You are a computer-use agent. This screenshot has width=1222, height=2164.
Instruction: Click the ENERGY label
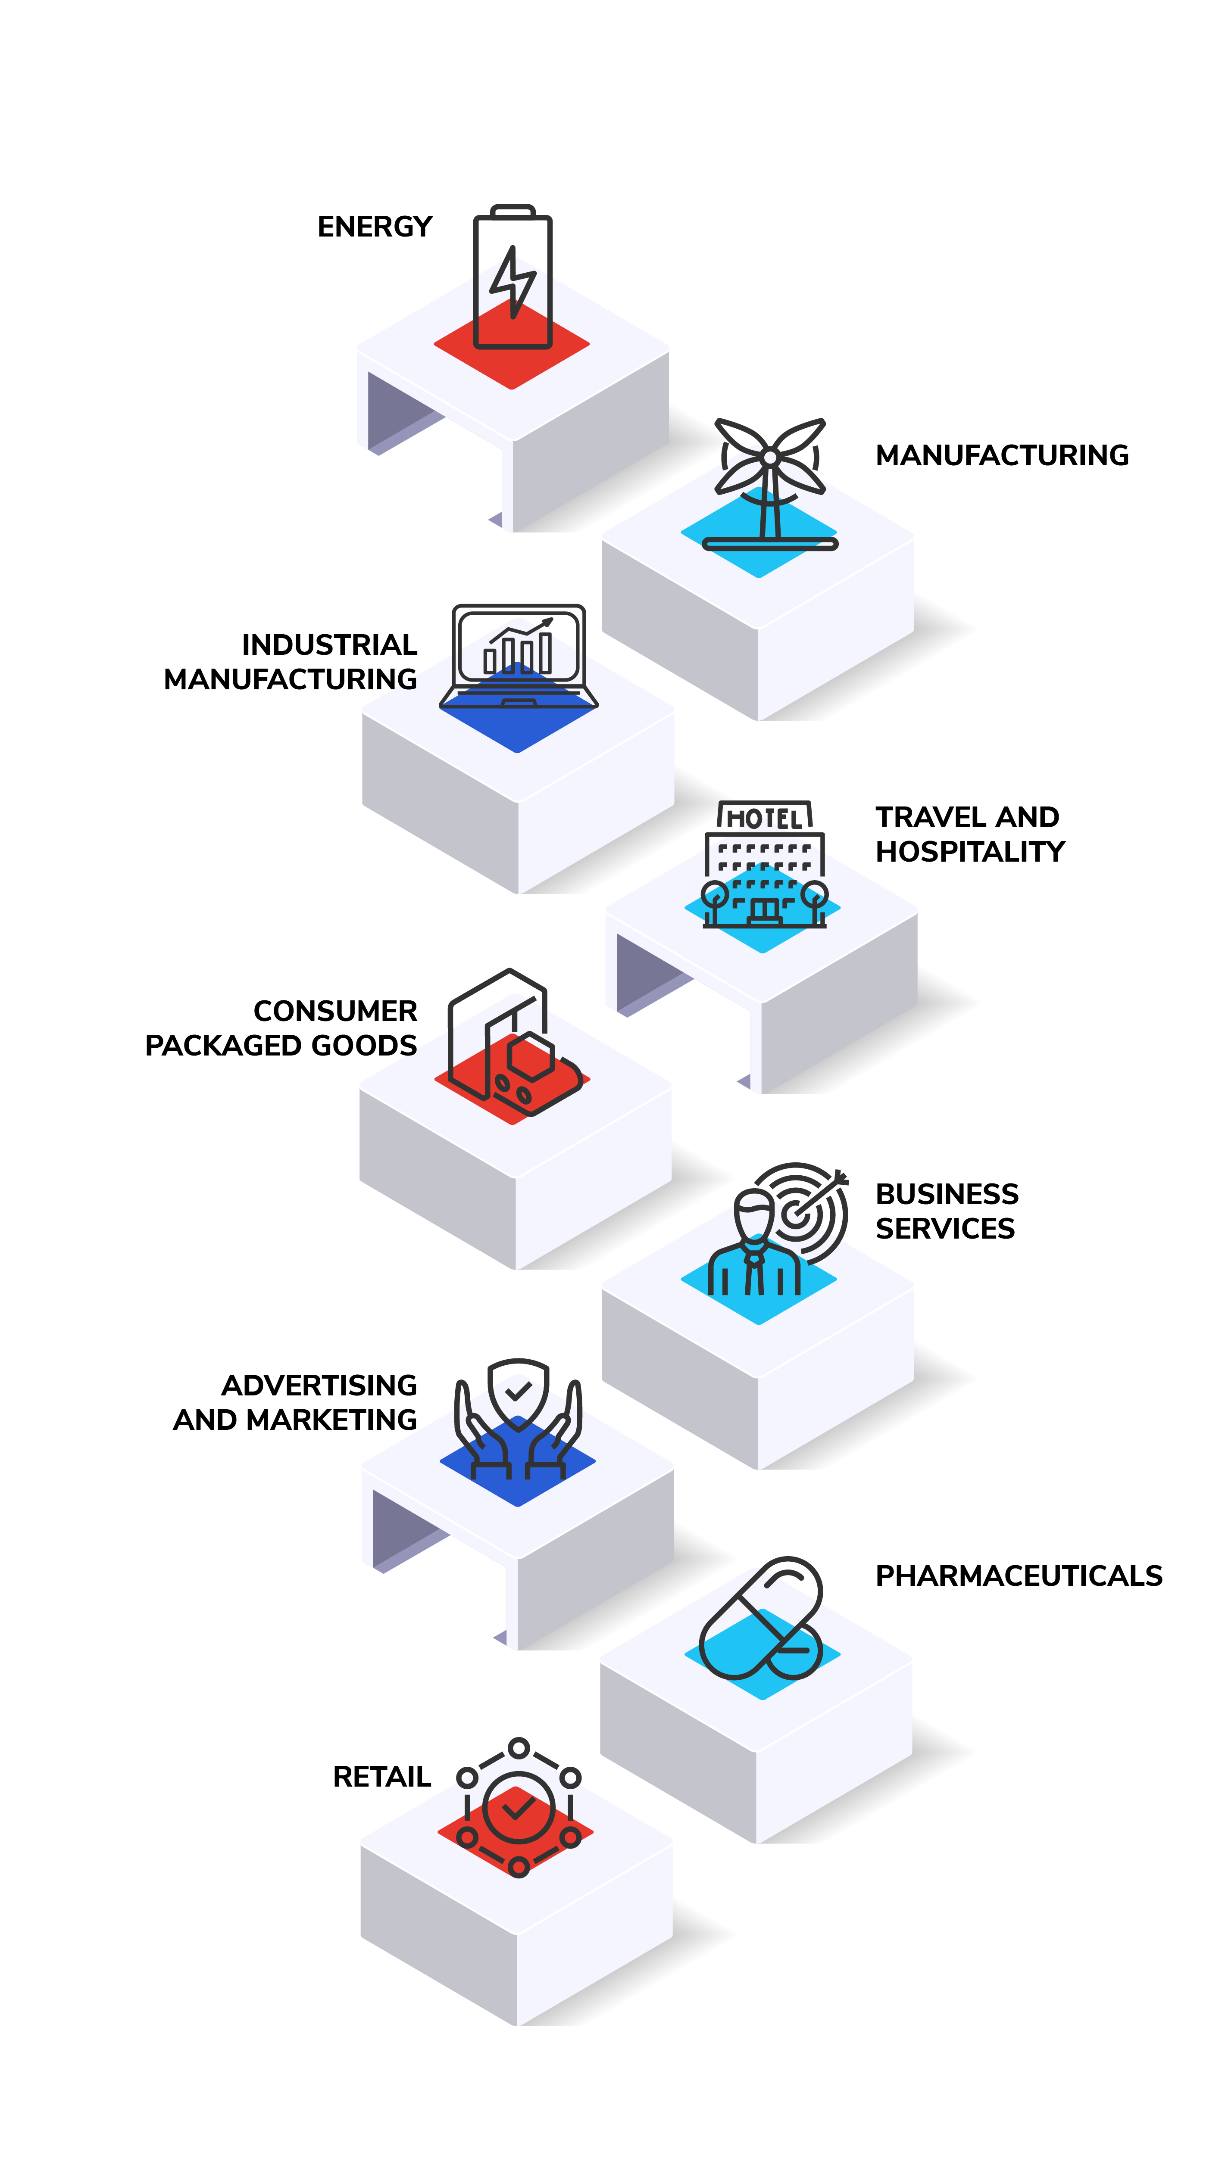pyautogui.click(x=375, y=227)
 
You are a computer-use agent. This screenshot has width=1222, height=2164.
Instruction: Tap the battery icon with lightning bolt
pyautogui.click(x=513, y=277)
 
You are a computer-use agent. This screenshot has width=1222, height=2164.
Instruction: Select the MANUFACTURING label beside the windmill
pyautogui.click(x=1002, y=455)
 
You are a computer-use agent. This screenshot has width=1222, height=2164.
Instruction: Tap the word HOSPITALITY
pyautogui.click(x=970, y=852)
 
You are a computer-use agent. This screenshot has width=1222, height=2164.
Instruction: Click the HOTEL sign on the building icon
pyautogui.click(x=765, y=816)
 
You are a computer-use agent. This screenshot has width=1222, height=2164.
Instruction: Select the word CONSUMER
pyautogui.click(x=335, y=1011)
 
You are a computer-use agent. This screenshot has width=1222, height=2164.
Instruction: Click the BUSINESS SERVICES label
pyautogui.click(x=947, y=1211)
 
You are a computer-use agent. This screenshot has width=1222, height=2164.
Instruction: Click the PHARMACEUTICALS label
pyautogui.click(x=1019, y=1576)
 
